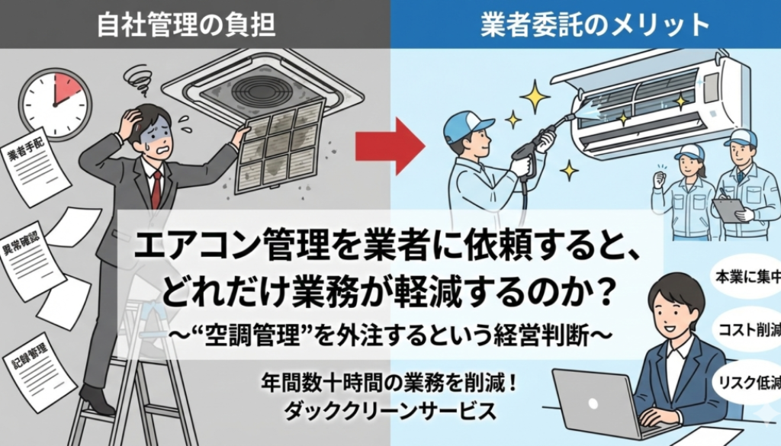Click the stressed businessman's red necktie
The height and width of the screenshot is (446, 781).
pos(156,186)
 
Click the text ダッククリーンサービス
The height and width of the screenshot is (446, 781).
pos(390,411)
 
